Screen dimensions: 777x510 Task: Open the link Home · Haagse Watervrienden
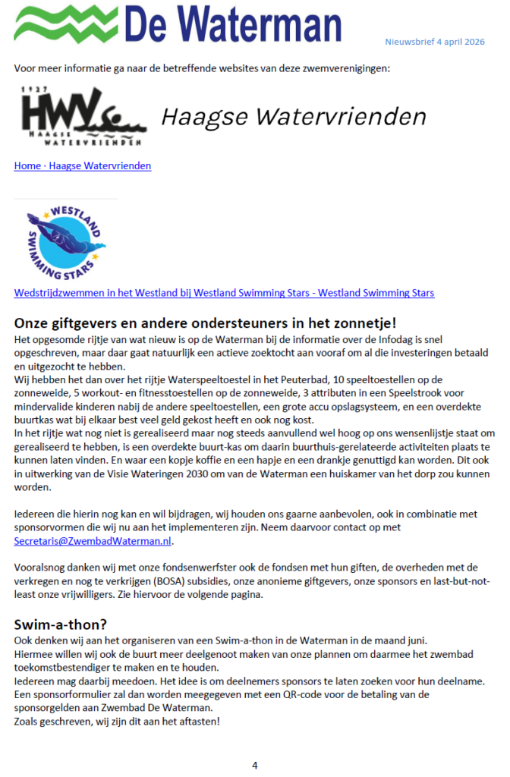point(83,165)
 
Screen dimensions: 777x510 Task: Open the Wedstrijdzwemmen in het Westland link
point(224,292)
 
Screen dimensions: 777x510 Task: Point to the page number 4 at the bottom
point(255,765)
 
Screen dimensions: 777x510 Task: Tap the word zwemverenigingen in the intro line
point(347,68)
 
